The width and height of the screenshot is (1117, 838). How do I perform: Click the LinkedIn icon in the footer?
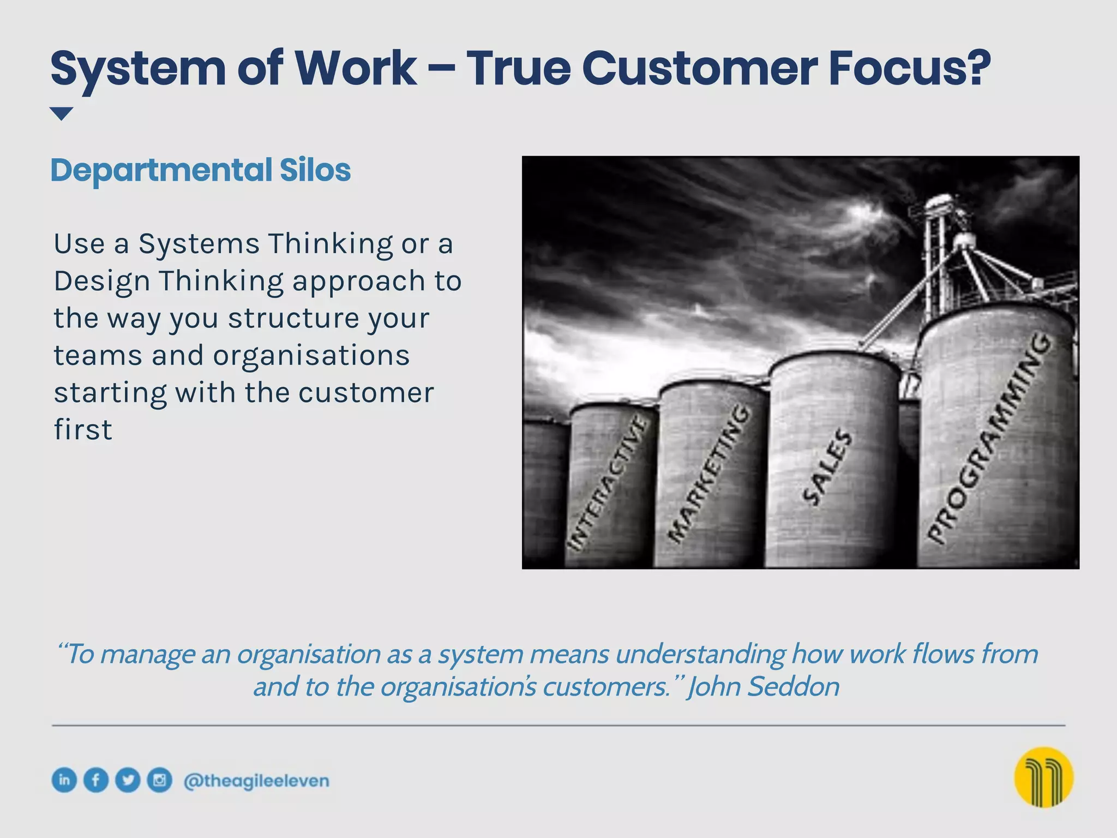click(x=64, y=780)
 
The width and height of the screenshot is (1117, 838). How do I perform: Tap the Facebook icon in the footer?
click(x=96, y=780)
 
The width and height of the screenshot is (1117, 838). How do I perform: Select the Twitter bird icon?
click(x=128, y=780)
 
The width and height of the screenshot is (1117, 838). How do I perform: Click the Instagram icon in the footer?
click(x=159, y=780)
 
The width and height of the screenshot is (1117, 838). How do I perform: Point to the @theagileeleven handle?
click(x=256, y=781)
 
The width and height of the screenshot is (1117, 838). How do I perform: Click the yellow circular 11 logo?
click(x=1043, y=777)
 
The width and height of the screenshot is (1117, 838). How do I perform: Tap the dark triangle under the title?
click(x=61, y=113)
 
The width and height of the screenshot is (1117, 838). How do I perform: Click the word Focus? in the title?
click(x=909, y=69)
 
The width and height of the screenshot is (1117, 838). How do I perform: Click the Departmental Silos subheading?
click(x=200, y=170)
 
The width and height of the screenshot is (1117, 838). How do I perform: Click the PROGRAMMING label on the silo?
click(x=989, y=439)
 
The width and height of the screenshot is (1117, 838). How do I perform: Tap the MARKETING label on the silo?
click(x=709, y=474)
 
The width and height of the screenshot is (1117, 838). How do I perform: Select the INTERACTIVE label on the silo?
click(x=607, y=483)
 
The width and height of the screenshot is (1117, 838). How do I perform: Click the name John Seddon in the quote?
click(x=764, y=686)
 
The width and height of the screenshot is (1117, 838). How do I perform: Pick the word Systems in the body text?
click(x=199, y=244)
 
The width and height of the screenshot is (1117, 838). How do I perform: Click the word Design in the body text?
click(x=102, y=282)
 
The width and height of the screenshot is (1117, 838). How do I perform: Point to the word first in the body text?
click(x=83, y=430)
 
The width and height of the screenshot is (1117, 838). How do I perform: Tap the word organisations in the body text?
click(x=311, y=356)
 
